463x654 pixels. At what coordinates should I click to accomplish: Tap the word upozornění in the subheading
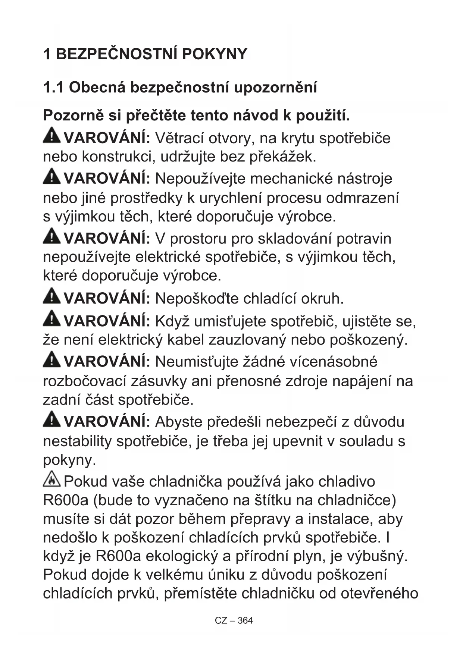click(x=276, y=88)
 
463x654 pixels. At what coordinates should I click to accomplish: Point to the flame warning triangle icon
click(x=51, y=480)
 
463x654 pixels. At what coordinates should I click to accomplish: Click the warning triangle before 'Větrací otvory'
click(x=51, y=135)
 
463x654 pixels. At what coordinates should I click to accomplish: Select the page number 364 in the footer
click(x=245, y=620)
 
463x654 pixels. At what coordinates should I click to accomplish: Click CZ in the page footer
click(x=221, y=620)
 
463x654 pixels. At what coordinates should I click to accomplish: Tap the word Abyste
click(x=178, y=422)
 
